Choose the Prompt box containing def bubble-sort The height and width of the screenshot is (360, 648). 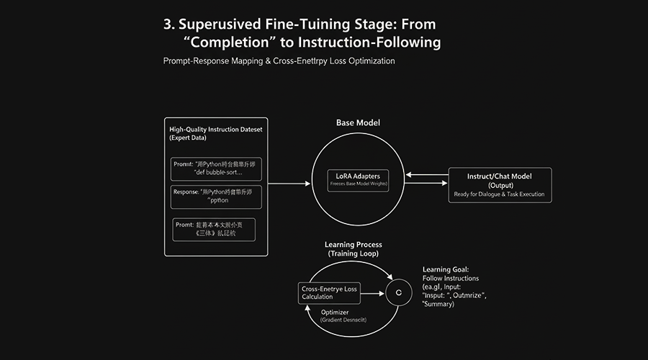[216, 168]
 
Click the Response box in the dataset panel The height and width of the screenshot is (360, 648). [216, 197]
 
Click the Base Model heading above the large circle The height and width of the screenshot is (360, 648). [358, 122]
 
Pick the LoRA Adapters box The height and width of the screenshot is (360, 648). [358, 179]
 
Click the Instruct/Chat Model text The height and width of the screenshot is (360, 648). [500, 176]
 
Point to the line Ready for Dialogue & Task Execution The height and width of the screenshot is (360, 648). [500, 194]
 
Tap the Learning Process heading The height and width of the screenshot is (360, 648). [353, 245]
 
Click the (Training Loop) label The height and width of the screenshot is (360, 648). [353, 254]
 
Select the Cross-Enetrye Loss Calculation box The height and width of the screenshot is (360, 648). [328, 292]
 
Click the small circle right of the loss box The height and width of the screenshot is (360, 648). [394, 292]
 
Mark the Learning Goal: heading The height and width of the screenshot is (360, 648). [446, 269]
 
